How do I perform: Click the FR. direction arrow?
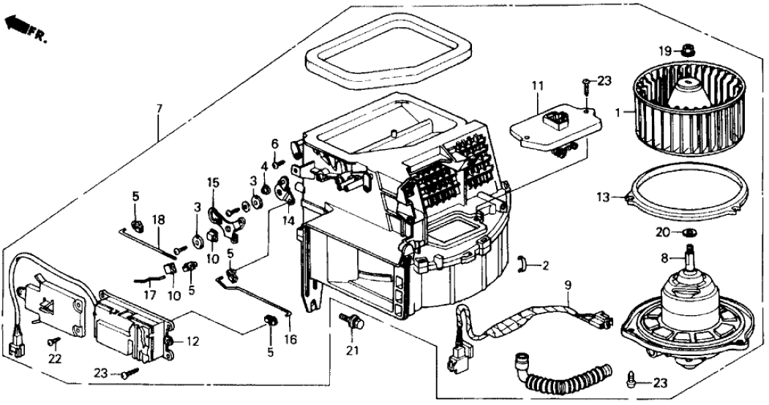[16, 26]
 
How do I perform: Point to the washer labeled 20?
[688, 232]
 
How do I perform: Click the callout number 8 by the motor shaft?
[664, 257]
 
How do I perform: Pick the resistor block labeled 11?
[556, 129]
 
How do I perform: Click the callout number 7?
[160, 110]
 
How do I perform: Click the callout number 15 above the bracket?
[213, 181]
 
